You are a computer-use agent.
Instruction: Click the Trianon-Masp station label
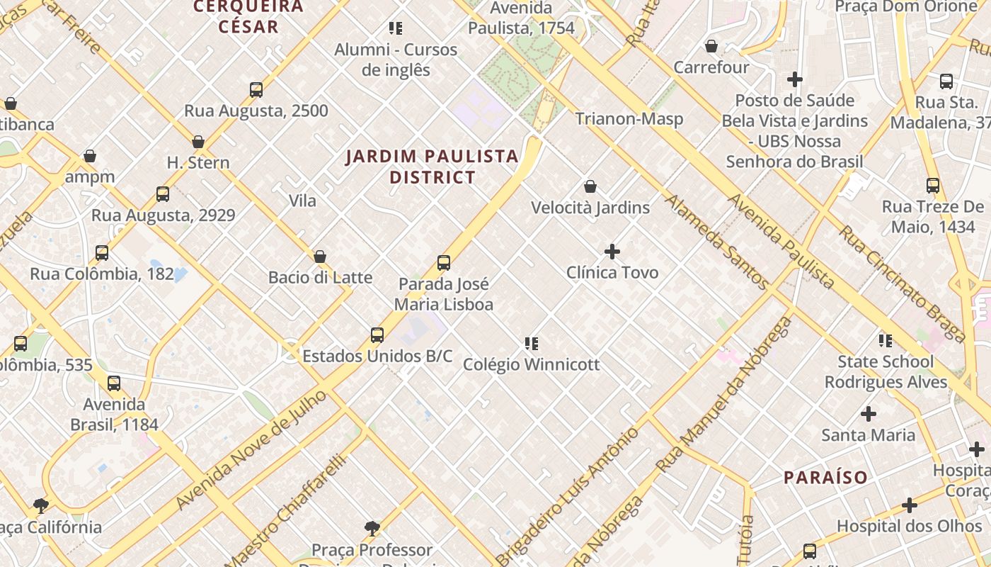[629, 118]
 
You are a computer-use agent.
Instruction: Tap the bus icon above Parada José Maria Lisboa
[444, 263]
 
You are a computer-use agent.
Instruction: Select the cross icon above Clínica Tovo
[612, 252]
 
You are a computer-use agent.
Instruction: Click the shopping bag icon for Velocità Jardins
[590, 186]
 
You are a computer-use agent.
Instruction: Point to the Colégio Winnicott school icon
[532, 344]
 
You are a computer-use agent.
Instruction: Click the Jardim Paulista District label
[432, 167]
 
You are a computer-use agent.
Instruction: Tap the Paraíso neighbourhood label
[825, 477]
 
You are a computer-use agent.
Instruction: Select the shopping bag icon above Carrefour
[711, 46]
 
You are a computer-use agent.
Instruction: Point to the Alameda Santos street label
[716, 242]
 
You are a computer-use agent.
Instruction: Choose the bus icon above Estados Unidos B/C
[377, 335]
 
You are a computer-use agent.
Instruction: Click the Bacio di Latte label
[320, 277]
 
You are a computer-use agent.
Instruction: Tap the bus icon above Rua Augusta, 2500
[256, 90]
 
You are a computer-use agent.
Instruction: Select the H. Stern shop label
[198, 162]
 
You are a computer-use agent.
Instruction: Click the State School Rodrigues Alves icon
[885, 341]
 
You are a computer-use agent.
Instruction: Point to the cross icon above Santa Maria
[869, 414]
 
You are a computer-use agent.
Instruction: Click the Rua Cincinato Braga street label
[902, 283]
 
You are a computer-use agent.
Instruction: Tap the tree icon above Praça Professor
[372, 528]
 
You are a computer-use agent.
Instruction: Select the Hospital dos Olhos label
[909, 526]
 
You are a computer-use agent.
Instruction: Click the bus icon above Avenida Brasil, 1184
[114, 384]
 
